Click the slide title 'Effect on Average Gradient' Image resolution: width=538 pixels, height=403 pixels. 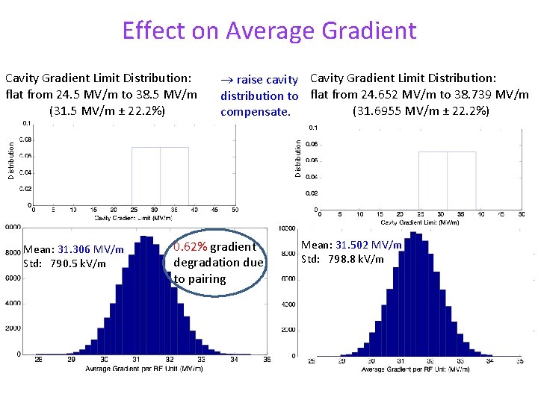click(x=269, y=30)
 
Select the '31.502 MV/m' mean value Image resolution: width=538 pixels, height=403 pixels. click(x=368, y=245)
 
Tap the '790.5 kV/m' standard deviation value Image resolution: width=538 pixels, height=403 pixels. click(x=78, y=263)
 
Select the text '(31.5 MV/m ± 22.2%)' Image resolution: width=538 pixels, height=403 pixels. click(x=107, y=111)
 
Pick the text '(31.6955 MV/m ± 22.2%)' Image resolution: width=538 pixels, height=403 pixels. click(x=421, y=111)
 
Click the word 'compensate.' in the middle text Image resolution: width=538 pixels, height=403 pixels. click(x=255, y=111)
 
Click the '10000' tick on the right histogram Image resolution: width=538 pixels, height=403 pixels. click(x=287, y=228)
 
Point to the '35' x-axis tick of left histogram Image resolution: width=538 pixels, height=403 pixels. click(x=267, y=360)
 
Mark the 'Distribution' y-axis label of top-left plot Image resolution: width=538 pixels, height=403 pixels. click(x=11, y=163)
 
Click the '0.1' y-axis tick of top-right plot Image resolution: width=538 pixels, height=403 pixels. click(x=313, y=128)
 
